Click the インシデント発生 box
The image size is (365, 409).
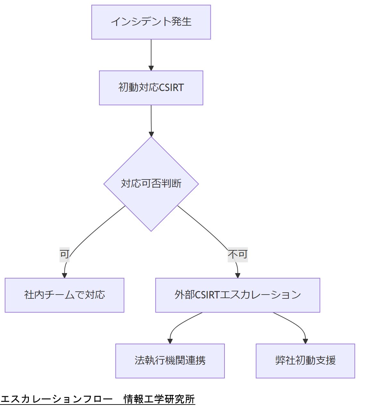pos(151,22)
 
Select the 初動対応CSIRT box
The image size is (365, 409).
pos(151,88)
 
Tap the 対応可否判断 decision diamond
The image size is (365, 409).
pos(151,184)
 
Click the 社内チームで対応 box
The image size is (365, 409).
pos(64,295)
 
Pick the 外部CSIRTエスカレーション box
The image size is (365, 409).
pos(238,295)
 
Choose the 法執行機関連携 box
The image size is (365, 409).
pos(170,361)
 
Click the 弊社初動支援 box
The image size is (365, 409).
pos(305,361)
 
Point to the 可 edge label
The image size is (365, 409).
pos(64,255)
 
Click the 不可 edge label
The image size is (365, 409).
pos(238,255)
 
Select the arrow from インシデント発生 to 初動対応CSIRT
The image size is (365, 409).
pos(151,54)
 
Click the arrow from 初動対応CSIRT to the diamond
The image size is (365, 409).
pos(151,120)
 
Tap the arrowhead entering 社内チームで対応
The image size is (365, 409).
pos(64,275)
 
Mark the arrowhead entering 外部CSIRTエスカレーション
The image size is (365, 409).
pos(238,275)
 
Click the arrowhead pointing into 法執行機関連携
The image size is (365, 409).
pos(170,341)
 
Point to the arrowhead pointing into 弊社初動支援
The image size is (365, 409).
pos(305,341)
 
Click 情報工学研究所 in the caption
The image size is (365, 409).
pos(159,399)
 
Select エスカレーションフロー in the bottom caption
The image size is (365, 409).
pos(56,399)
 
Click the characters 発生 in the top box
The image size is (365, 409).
pos(181,22)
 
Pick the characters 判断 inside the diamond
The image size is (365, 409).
pos(171,184)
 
